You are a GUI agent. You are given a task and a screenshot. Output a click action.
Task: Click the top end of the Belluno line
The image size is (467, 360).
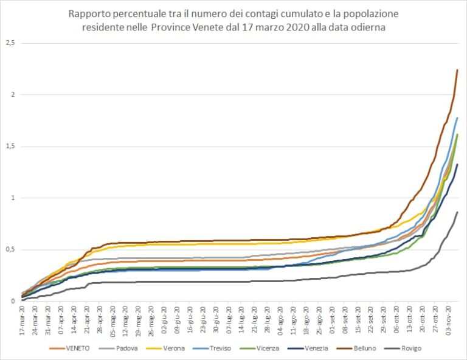(x=457, y=70)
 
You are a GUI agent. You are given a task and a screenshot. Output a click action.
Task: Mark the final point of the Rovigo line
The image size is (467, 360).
(x=457, y=212)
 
